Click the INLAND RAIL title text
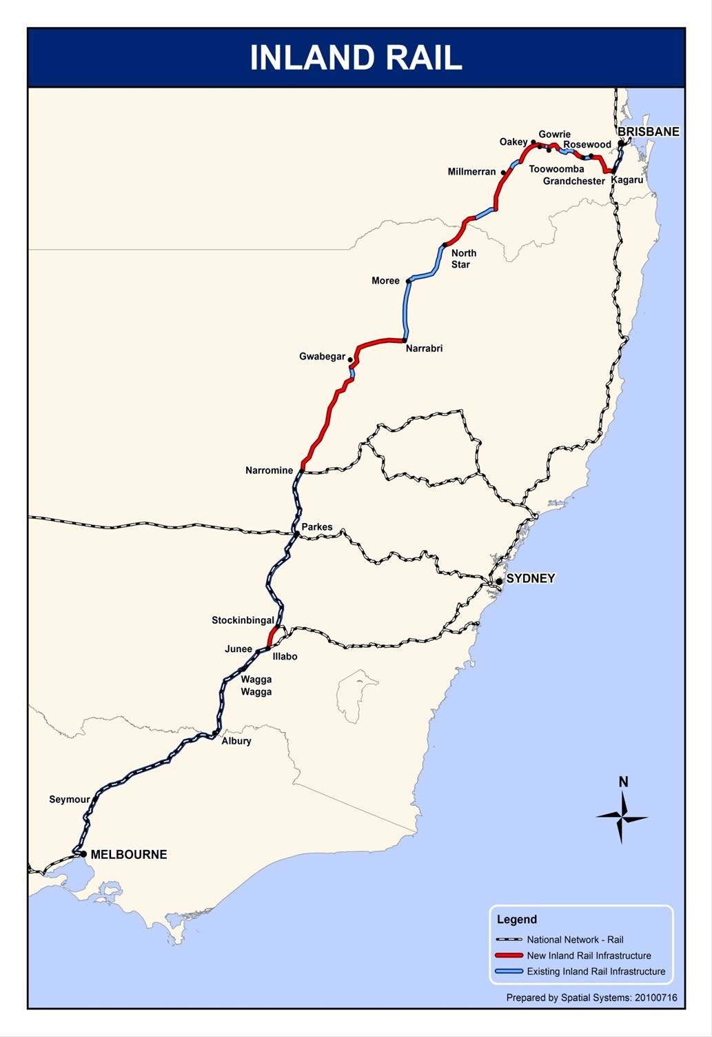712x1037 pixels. (356, 58)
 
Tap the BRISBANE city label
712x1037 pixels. (648, 131)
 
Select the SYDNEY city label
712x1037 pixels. (530, 578)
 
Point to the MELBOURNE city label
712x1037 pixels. (129, 854)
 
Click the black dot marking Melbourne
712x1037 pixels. (83, 854)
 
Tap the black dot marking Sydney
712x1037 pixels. (499, 581)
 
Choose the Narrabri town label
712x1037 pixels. (424, 348)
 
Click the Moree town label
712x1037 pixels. (385, 281)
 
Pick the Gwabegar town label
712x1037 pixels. (322, 357)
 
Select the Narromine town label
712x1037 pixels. (269, 471)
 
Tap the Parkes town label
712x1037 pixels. (317, 527)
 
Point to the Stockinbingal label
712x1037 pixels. (243, 620)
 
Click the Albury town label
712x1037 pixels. (236, 741)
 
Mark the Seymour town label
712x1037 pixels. (69, 800)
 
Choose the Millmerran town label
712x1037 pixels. (471, 172)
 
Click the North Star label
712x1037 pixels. (463, 259)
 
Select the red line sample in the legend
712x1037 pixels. (509, 956)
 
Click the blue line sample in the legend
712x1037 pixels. (509, 971)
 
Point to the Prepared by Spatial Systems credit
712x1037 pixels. (591, 998)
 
